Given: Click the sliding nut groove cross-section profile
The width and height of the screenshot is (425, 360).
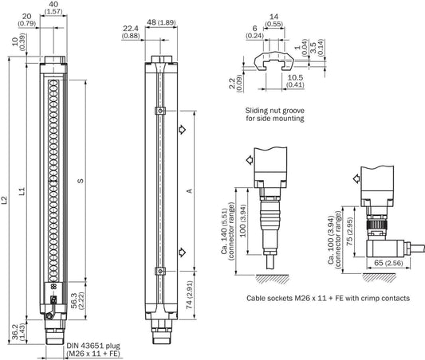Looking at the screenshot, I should [x=273, y=60].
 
